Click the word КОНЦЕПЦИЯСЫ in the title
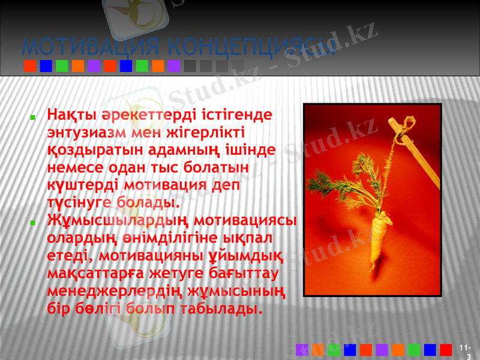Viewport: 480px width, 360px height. click(251, 46)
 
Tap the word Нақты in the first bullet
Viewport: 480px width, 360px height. click(67, 113)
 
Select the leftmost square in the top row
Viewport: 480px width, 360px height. click(29, 65)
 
